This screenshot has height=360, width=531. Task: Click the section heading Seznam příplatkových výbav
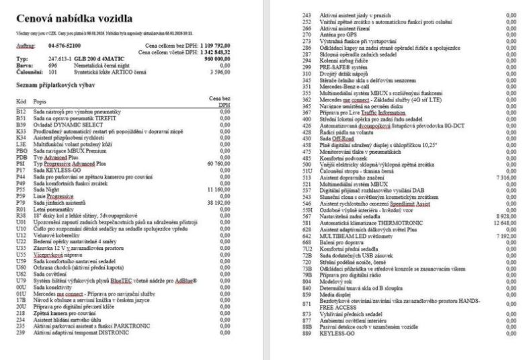(62, 85)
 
